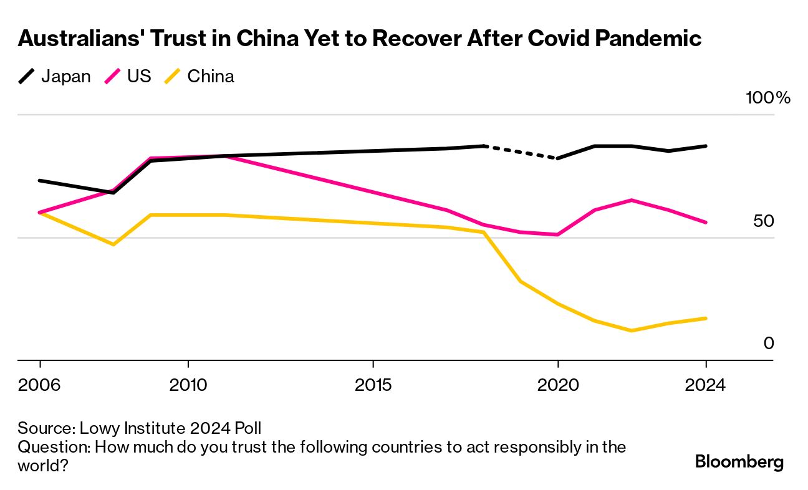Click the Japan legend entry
[54, 77]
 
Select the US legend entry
[129, 77]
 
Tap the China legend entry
[200, 77]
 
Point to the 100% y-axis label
[767, 98]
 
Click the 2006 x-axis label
[40, 385]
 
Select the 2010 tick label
[188, 385]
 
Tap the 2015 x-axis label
[373, 385]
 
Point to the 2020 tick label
[558, 385]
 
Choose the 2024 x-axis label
[706, 385]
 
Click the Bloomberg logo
[739, 462]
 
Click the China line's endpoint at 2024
[706, 319]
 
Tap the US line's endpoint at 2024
[706, 222]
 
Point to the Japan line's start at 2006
[40, 181]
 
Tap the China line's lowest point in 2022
[632, 330]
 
